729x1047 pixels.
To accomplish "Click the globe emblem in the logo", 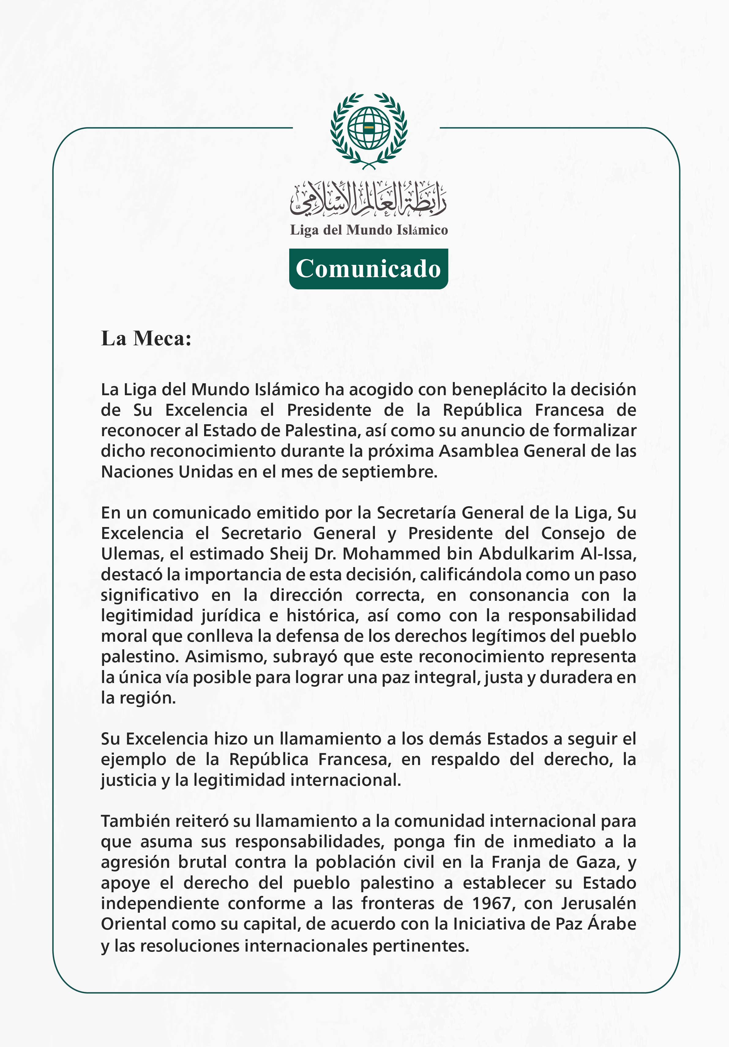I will click(x=368, y=128).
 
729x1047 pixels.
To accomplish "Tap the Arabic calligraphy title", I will click(x=368, y=199).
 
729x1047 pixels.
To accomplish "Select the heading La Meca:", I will click(x=146, y=338).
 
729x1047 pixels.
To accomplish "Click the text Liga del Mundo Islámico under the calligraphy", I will click(x=368, y=230).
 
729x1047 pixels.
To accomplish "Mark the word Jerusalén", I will click(x=599, y=903).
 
